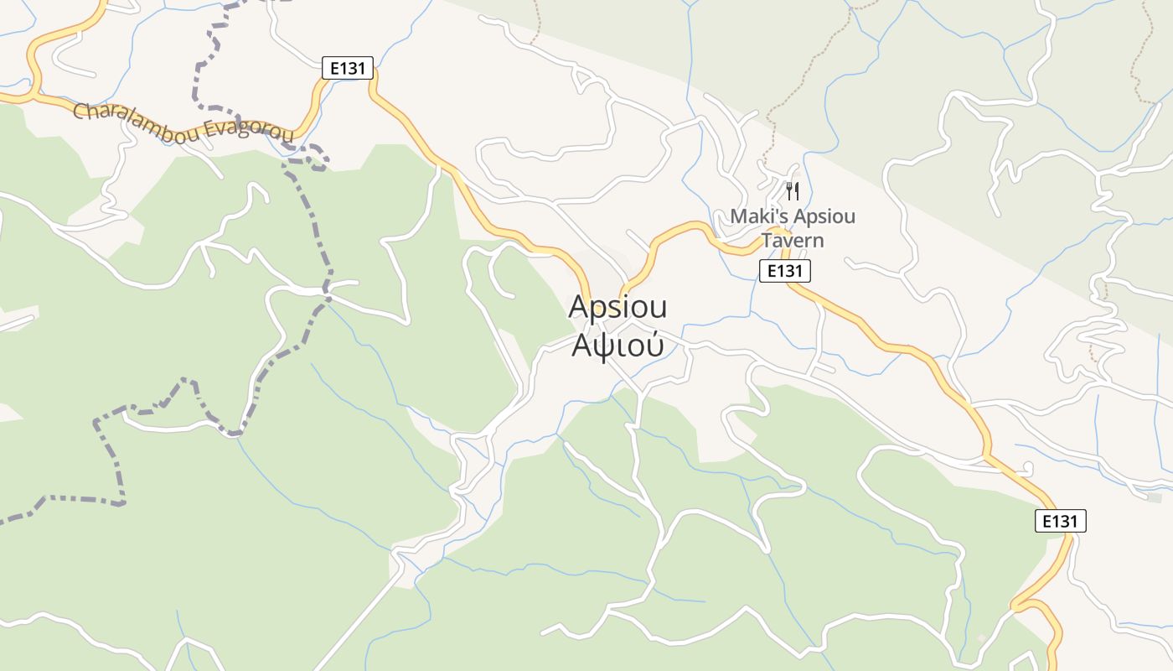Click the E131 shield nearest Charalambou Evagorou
click(x=348, y=68)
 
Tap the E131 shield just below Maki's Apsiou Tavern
click(x=785, y=270)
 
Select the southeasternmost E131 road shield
click(x=1060, y=521)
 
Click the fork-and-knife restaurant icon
click(x=793, y=191)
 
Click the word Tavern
click(x=792, y=241)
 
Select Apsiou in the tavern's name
click(x=824, y=216)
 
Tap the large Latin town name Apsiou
click(x=618, y=308)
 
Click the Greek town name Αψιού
click(x=618, y=344)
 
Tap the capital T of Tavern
click(x=766, y=241)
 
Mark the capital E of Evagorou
click(x=210, y=127)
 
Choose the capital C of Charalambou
click(x=80, y=111)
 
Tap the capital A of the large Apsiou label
click(x=577, y=308)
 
